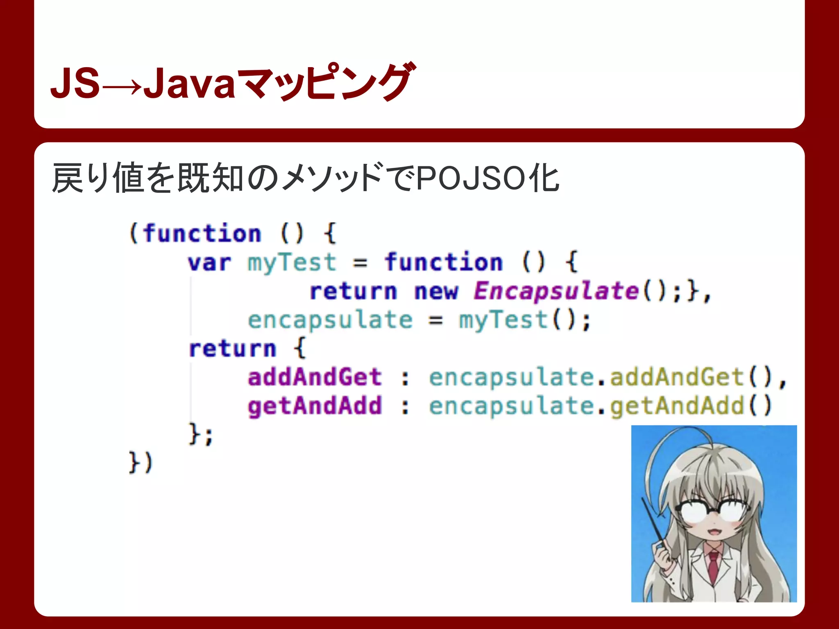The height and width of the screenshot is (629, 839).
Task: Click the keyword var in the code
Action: [209, 263]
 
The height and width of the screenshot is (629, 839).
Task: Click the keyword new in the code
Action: [435, 292]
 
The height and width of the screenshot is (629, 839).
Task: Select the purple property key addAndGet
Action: [315, 377]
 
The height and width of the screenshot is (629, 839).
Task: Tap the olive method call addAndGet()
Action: [691, 377]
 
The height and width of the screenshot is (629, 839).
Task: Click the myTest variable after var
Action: [292, 263]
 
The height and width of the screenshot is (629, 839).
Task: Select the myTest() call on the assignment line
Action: [524, 320]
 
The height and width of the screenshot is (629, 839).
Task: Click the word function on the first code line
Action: [202, 234]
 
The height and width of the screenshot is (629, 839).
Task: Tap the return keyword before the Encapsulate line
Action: [353, 292]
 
